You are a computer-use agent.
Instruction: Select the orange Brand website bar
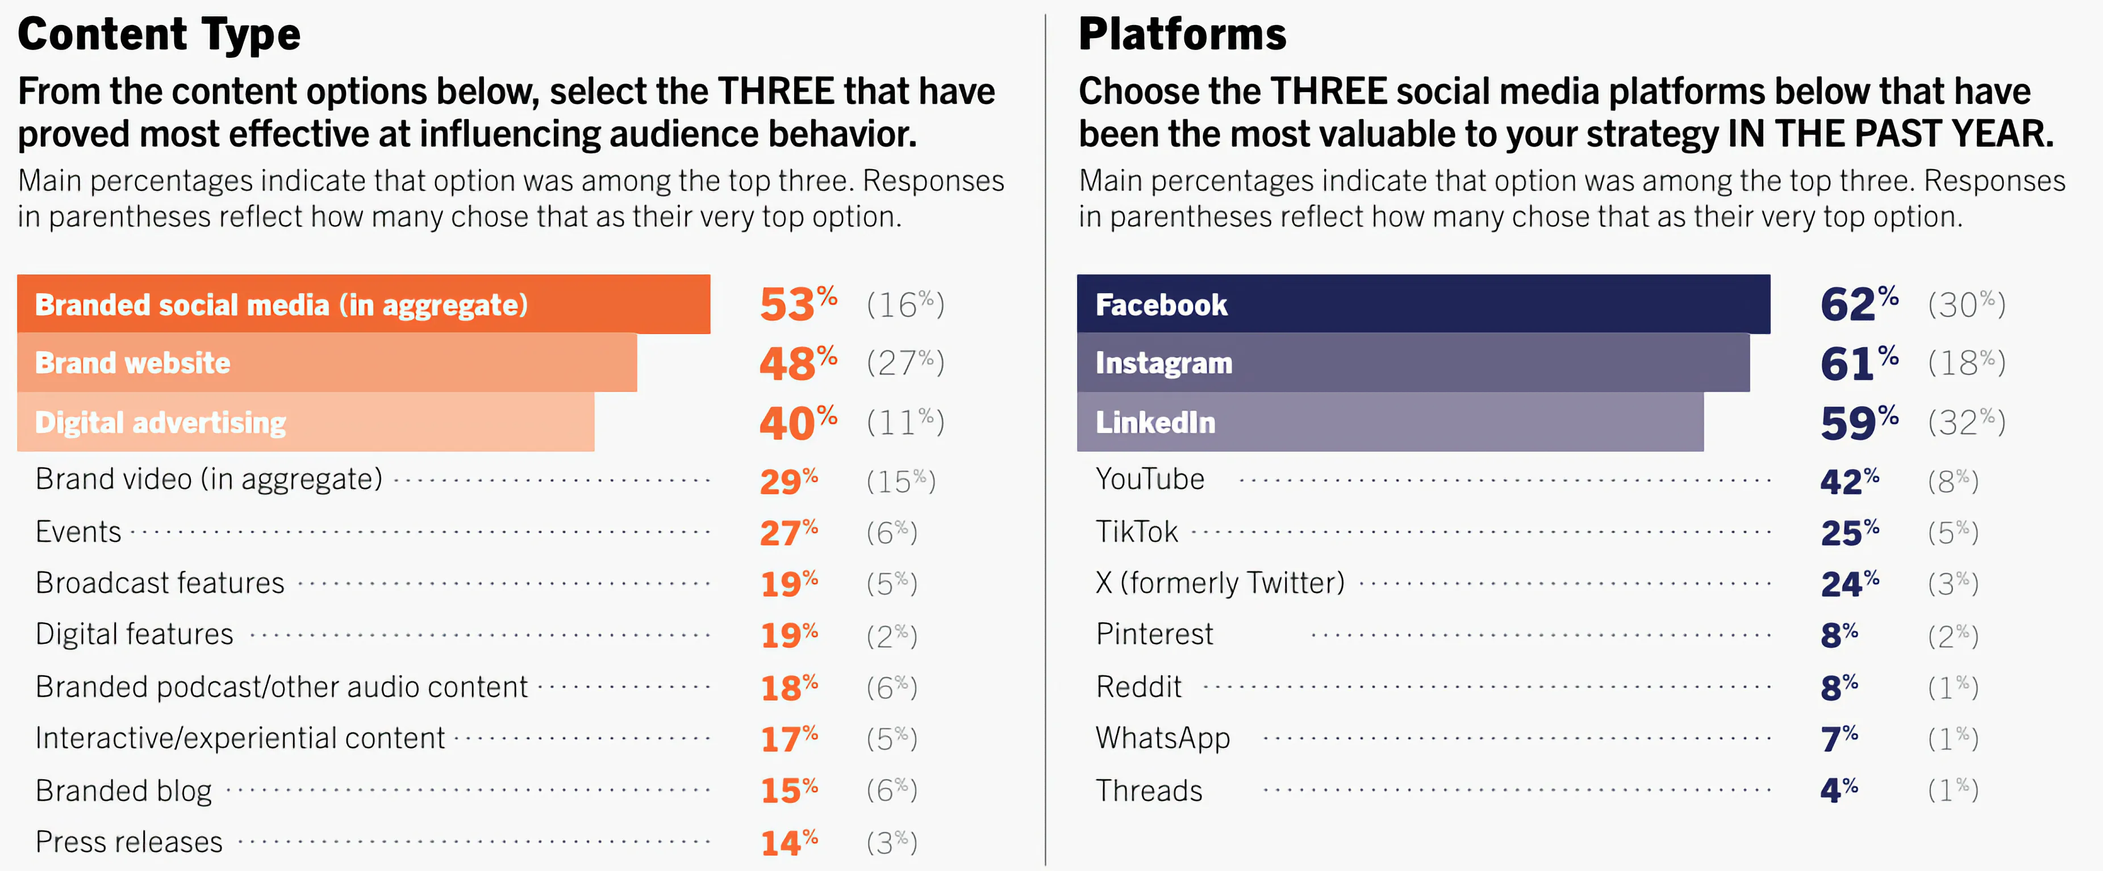pyautogui.click(x=327, y=362)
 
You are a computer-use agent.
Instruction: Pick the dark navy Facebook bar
pyautogui.click(x=1423, y=305)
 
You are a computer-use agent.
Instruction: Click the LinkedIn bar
pyautogui.click(x=1390, y=422)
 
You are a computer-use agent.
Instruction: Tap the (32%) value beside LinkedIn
pyautogui.click(x=1966, y=422)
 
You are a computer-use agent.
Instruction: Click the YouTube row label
pyautogui.click(x=1149, y=479)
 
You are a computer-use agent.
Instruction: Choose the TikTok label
pyautogui.click(x=1136, y=531)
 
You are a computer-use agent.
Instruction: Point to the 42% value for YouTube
pyautogui.click(x=1849, y=481)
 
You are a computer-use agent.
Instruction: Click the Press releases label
pyautogui.click(x=129, y=841)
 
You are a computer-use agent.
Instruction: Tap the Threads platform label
pyautogui.click(x=1149, y=790)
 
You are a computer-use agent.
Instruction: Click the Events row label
pyautogui.click(x=78, y=531)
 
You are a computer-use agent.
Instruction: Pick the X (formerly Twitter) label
pyautogui.click(x=1220, y=583)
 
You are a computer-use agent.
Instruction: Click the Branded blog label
pyautogui.click(x=123, y=790)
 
